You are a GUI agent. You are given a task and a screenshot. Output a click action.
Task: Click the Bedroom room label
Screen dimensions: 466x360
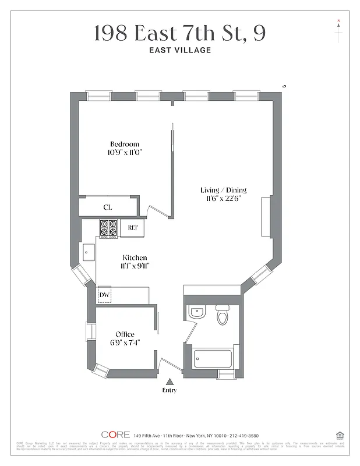click(x=125, y=144)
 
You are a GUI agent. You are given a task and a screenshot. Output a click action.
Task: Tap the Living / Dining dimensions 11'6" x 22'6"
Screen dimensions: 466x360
click(x=224, y=198)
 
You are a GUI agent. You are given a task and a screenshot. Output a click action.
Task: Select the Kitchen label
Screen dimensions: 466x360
click(x=135, y=257)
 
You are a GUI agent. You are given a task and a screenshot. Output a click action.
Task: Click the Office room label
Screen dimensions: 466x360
click(x=125, y=334)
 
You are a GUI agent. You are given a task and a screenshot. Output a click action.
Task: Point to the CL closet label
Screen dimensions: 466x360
click(x=108, y=207)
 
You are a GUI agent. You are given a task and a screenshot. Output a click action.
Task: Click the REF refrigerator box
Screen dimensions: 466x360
click(x=132, y=228)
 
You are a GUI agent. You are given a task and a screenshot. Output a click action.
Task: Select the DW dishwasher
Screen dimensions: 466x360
click(x=104, y=295)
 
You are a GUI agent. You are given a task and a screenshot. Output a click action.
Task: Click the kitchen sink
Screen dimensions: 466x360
click(x=89, y=252)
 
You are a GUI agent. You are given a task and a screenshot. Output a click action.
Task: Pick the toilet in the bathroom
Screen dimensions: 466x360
click(x=223, y=315)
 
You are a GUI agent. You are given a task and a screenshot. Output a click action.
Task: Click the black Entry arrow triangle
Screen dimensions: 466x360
click(x=170, y=382)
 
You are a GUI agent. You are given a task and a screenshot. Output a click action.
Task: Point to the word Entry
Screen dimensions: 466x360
click(x=170, y=390)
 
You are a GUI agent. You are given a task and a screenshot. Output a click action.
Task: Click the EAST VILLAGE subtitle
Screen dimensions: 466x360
click(x=180, y=50)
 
